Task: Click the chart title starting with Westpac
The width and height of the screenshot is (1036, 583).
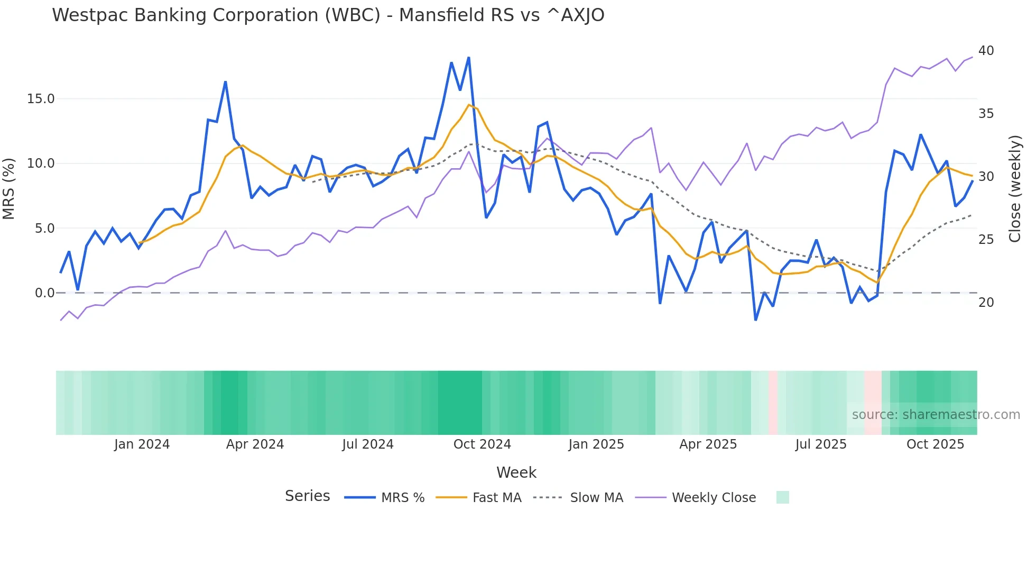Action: point(328,15)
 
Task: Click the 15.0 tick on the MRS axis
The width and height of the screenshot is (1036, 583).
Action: point(41,99)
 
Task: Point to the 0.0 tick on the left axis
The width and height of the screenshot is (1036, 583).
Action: point(44,293)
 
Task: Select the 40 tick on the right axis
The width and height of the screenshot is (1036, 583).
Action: point(986,51)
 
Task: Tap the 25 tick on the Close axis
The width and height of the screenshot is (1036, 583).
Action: point(986,240)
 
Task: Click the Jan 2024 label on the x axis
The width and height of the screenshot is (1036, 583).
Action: point(142,444)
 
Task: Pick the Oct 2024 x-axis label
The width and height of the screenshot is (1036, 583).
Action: point(482,444)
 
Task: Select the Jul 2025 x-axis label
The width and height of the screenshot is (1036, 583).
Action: point(821,444)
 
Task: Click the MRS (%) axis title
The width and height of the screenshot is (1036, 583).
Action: point(9,189)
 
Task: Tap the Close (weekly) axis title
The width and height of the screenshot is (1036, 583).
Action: point(1014,189)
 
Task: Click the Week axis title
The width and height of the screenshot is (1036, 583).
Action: point(516,473)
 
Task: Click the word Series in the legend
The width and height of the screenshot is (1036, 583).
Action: point(307,496)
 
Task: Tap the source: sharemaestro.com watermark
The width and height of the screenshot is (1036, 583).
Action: point(936,415)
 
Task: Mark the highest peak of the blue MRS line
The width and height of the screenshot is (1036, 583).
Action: point(469,58)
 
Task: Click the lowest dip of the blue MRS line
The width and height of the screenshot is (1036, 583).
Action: point(756,320)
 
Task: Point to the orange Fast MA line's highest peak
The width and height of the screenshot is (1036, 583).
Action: point(469,105)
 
